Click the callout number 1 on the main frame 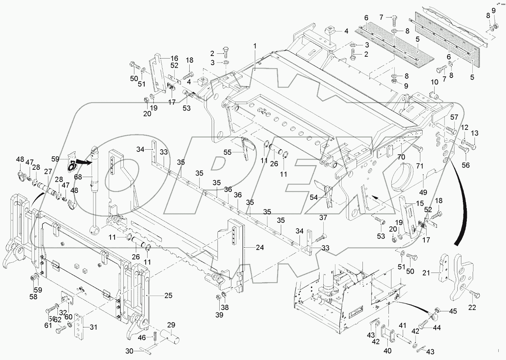(x=255, y=46)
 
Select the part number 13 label (x=475, y=133)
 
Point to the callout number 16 (x=174, y=58)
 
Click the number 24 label (x=260, y=247)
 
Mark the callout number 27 (x=48, y=172)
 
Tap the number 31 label (x=94, y=327)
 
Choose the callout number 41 (x=402, y=326)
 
